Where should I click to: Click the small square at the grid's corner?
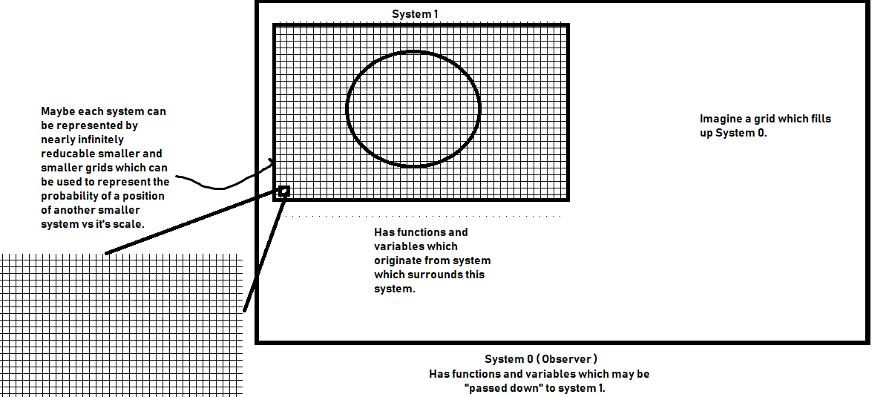click(283, 191)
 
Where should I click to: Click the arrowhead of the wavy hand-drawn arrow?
click(273, 163)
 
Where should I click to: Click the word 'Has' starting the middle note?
click(384, 232)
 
